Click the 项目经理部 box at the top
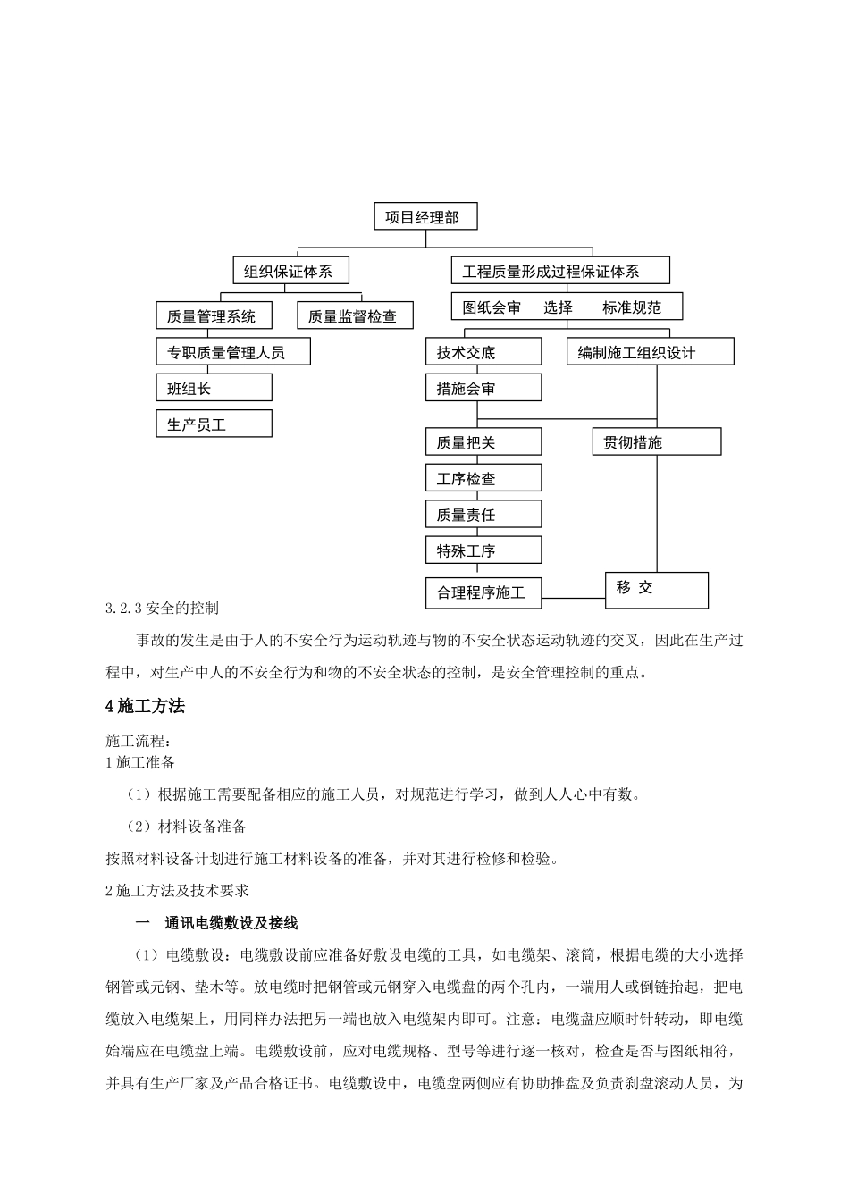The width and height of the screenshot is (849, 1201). [x=424, y=216]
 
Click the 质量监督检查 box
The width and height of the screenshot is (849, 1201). [x=354, y=315]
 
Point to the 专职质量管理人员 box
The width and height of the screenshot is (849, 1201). [x=232, y=352]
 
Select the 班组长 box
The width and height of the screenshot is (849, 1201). [x=214, y=388]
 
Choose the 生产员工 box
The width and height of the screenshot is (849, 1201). [x=214, y=424]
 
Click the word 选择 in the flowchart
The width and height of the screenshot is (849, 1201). [x=558, y=307]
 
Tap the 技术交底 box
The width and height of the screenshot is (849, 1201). [x=483, y=352]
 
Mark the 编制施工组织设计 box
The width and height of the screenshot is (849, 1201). [x=650, y=352]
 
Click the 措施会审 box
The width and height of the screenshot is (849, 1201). [x=483, y=388]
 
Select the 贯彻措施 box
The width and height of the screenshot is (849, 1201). [x=656, y=442]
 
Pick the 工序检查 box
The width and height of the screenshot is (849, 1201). [x=483, y=479]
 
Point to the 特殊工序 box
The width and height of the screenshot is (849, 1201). [x=483, y=550]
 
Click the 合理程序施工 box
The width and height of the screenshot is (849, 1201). [x=483, y=592]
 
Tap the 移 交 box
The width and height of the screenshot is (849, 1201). [x=656, y=590]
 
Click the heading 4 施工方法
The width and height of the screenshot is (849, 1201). [x=145, y=706]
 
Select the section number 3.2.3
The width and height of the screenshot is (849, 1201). [x=122, y=609]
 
